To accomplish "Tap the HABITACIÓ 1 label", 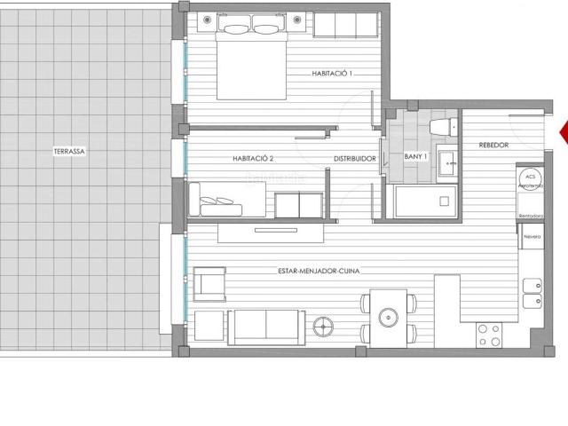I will point(333,74).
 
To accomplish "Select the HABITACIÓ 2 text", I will point(253,159).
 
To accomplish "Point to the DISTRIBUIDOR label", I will point(355,159).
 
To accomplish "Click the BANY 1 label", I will point(416,157).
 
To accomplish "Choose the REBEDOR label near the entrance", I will point(493,145).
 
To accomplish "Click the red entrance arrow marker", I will point(562,134).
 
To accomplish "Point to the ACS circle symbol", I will point(531,175).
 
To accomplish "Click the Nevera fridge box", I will point(532,237).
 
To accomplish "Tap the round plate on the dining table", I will point(388,316).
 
